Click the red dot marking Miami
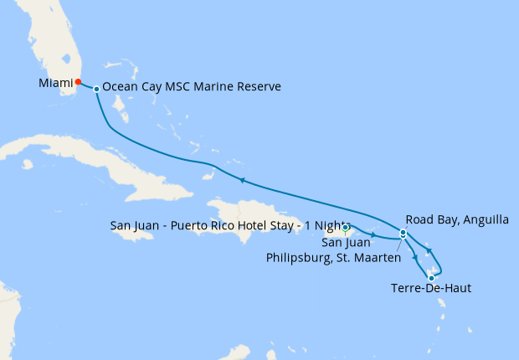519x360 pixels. point(78,82)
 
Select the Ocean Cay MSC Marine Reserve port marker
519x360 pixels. point(97,89)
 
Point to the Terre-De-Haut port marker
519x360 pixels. point(431,278)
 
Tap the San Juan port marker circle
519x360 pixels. point(346,227)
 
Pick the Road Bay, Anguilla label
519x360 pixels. point(457,220)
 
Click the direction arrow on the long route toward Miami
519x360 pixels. point(241,180)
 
